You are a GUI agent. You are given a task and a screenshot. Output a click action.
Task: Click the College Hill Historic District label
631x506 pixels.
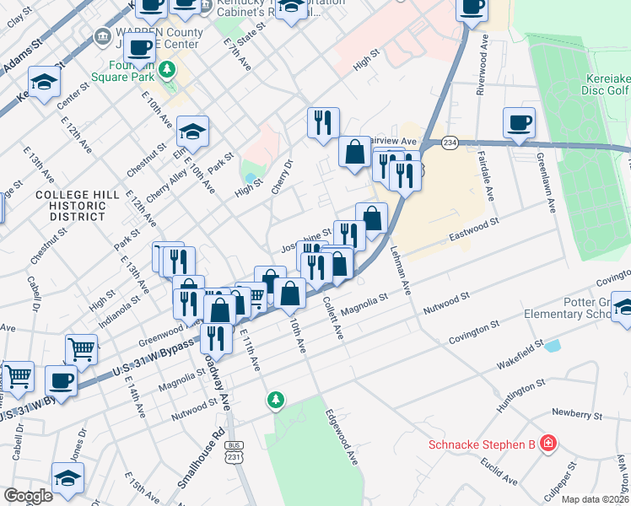point(77,205)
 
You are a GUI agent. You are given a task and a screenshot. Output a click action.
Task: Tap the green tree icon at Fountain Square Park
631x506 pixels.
point(168,68)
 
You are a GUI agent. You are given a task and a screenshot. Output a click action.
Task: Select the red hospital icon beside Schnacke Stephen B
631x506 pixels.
point(548,443)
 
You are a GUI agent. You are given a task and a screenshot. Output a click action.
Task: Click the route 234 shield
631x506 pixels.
point(450,143)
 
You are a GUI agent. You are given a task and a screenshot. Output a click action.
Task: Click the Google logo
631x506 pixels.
point(28,496)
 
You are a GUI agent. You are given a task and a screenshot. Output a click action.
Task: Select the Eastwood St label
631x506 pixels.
point(476,227)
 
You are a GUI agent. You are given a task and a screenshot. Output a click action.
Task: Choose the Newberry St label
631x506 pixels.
point(577,414)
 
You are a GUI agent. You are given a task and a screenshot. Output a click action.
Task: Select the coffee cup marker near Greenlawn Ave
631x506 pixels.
point(519,123)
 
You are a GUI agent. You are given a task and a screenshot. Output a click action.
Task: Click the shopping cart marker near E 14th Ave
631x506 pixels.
point(81,347)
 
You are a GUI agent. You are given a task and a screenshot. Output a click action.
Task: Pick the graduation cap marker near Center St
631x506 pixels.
point(44,82)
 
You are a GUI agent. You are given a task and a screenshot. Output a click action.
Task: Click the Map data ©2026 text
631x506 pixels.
point(596,499)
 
